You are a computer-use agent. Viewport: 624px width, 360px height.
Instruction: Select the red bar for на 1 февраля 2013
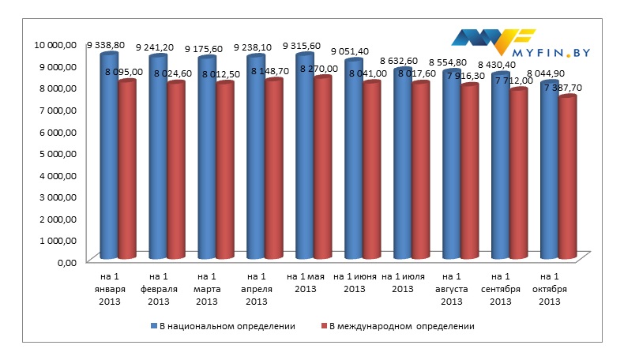175,171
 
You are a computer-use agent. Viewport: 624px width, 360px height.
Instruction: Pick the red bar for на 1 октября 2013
566,178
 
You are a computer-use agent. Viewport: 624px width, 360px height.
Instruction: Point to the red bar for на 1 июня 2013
371,171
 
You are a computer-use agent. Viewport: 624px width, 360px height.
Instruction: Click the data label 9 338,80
105,46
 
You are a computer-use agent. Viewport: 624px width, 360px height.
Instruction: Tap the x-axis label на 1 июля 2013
402,283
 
